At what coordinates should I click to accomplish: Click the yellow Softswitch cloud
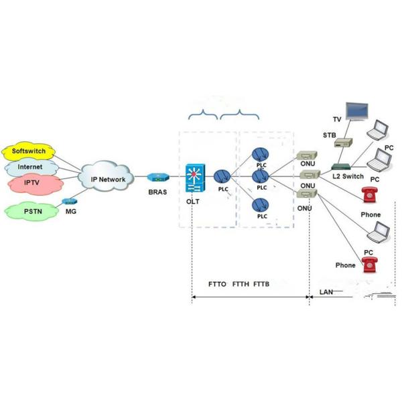pyautogui.click(x=27, y=151)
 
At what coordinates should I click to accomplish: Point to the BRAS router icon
pyautogui.click(x=157, y=178)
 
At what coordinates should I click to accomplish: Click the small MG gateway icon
pyautogui.click(x=67, y=201)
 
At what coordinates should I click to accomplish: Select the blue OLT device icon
pyautogui.click(x=195, y=177)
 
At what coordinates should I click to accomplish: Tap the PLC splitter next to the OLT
pyautogui.click(x=222, y=177)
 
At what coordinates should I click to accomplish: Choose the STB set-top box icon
pyautogui.click(x=344, y=143)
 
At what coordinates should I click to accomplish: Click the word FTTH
pyautogui.click(x=240, y=284)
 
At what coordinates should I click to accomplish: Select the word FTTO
pyautogui.click(x=217, y=284)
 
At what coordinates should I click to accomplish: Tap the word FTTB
pyautogui.click(x=262, y=284)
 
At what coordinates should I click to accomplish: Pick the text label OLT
pyautogui.click(x=194, y=201)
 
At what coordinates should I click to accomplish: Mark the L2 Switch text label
pyautogui.click(x=348, y=176)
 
